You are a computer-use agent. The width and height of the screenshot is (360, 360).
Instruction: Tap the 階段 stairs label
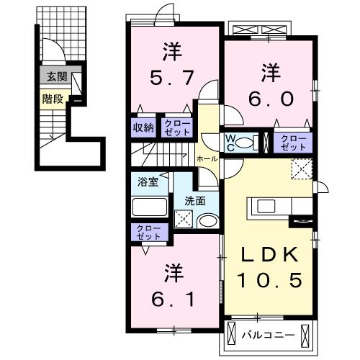pyautogui.click(x=51, y=100)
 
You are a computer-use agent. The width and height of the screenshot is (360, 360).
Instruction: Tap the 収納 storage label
pyautogui.click(x=142, y=128)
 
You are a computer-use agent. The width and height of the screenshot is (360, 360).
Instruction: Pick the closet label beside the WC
pyautogui.click(x=292, y=142)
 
